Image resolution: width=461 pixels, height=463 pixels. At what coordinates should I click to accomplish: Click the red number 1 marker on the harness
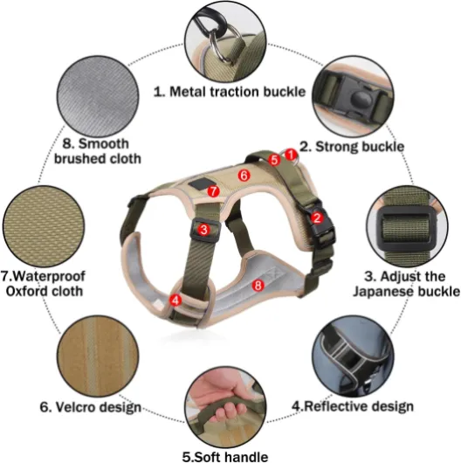point(291,155)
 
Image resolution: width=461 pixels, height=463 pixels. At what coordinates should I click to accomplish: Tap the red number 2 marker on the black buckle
point(317,218)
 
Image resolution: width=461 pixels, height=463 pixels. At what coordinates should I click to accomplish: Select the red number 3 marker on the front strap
point(203,230)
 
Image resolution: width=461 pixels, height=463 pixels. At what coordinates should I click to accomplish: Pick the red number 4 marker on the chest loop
point(175,301)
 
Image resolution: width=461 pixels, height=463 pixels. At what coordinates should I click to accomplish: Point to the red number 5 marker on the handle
point(274,160)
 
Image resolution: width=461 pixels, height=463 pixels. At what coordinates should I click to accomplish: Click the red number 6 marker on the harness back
point(244,176)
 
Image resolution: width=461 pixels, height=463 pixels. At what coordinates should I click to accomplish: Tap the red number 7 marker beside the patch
point(213,191)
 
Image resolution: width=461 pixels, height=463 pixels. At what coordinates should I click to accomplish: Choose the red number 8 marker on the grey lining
point(258,286)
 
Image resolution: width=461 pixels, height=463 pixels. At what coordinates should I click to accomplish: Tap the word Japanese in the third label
point(382,292)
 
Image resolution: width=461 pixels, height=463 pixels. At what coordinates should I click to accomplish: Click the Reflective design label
point(353,406)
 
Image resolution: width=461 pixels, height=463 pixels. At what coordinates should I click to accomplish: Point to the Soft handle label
point(225,457)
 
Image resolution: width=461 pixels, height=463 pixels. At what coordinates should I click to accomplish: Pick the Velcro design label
point(91,407)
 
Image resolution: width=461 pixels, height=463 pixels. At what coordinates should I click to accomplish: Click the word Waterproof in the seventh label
point(43,276)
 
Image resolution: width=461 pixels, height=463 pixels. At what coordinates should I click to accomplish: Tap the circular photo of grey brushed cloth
point(98,96)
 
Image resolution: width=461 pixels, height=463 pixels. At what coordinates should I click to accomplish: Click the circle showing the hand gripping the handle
point(225,407)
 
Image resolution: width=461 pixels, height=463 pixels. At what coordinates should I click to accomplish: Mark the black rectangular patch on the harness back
point(199,183)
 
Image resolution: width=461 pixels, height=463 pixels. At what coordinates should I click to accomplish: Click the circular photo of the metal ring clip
point(225,42)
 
